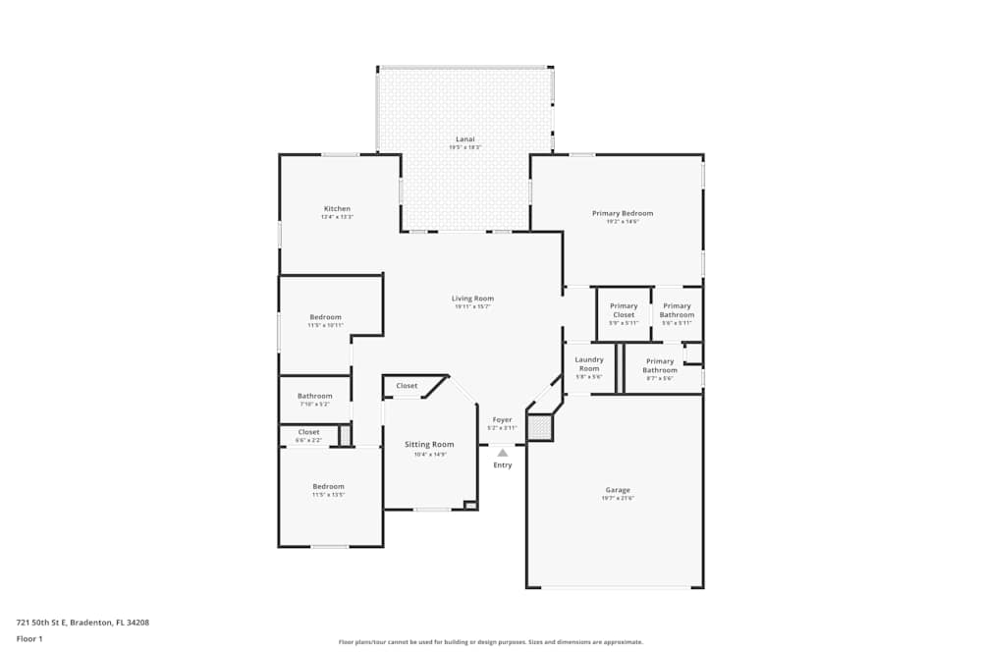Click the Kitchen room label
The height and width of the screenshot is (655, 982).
[x=337, y=209]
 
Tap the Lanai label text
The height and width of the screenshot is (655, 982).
[x=465, y=139]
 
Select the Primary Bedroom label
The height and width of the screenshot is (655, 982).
[x=622, y=213]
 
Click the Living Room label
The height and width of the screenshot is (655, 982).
[x=472, y=299]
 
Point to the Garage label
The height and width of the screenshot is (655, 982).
[x=618, y=490]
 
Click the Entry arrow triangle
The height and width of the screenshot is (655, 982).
[x=503, y=453]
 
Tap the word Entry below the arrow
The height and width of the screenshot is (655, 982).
[x=503, y=465]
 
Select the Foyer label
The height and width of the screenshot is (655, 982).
[x=502, y=420]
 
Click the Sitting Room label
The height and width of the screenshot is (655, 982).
[x=429, y=445]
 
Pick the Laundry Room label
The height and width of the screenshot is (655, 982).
[x=589, y=364]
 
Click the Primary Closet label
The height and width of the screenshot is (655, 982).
[x=624, y=310]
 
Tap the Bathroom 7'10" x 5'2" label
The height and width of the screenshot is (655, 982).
[x=315, y=397]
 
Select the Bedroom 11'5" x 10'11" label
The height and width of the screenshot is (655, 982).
[x=326, y=317]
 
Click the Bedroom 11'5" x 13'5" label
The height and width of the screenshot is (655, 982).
[x=328, y=487]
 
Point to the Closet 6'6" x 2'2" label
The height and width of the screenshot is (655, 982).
[x=308, y=432]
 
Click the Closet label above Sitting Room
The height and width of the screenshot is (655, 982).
[x=407, y=386]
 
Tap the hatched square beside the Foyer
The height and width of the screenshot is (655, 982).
[x=539, y=427]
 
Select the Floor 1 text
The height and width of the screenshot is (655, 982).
[x=29, y=638]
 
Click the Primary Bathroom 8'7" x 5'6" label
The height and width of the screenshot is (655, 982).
[x=660, y=365]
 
